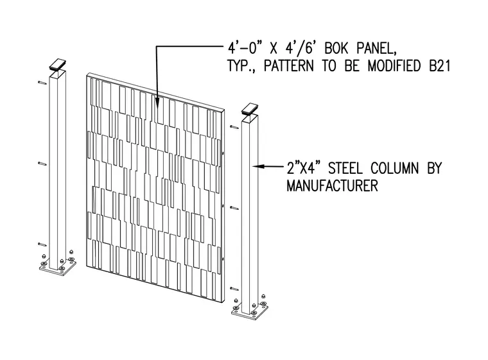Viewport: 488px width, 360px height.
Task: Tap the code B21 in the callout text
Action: (440, 65)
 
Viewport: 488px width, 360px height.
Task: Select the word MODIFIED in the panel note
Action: (394, 65)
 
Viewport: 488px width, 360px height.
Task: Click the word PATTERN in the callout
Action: (288, 65)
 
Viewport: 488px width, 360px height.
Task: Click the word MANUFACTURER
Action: (332, 185)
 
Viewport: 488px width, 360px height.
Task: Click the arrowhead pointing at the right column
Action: (259, 166)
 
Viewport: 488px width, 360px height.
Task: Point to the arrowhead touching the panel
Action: (157, 102)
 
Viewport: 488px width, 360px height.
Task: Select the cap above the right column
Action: (250, 108)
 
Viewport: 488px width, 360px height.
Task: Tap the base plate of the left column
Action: (58, 268)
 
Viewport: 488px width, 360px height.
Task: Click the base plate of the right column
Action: (250, 312)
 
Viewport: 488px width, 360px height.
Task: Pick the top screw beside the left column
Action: (42, 82)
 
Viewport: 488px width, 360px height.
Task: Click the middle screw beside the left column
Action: (42, 164)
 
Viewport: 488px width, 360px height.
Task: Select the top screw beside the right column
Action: (234, 127)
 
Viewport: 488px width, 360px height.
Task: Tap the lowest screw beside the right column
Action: (234, 289)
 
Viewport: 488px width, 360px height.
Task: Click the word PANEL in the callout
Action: (376, 48)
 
